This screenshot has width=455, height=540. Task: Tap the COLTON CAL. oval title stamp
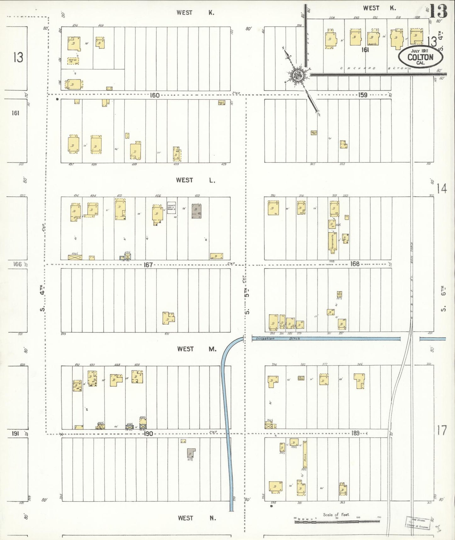(x=420, y=57)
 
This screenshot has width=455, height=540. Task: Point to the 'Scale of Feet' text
(x=336, y=515)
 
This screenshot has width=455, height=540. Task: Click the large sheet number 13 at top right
(x=438, y=11)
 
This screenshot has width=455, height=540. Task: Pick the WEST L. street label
(x=196, y=180)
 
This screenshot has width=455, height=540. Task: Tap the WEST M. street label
(x=197, y=349)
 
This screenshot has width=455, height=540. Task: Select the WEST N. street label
(x=197, y=518)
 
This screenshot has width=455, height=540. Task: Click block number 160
(x=154, y=95)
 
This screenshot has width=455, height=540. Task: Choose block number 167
(x=148, y=265)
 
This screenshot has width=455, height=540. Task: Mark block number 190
(x=148, y=434)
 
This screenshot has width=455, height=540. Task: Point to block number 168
(x=355, y=264)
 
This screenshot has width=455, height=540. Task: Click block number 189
(x=355, y=433)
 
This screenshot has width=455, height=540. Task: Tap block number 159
(x=363, y=95)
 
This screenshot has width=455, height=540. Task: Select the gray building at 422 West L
(x=196, y=211)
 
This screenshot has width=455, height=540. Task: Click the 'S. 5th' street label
(x=247, y=301)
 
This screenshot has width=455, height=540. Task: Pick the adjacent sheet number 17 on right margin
(x=442, y=430)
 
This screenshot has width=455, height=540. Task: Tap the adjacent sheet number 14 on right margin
(x=442, y=189)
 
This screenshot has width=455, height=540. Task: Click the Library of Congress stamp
(x=418, y=523)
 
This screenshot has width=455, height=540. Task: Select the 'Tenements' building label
(x=333, y=243)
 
